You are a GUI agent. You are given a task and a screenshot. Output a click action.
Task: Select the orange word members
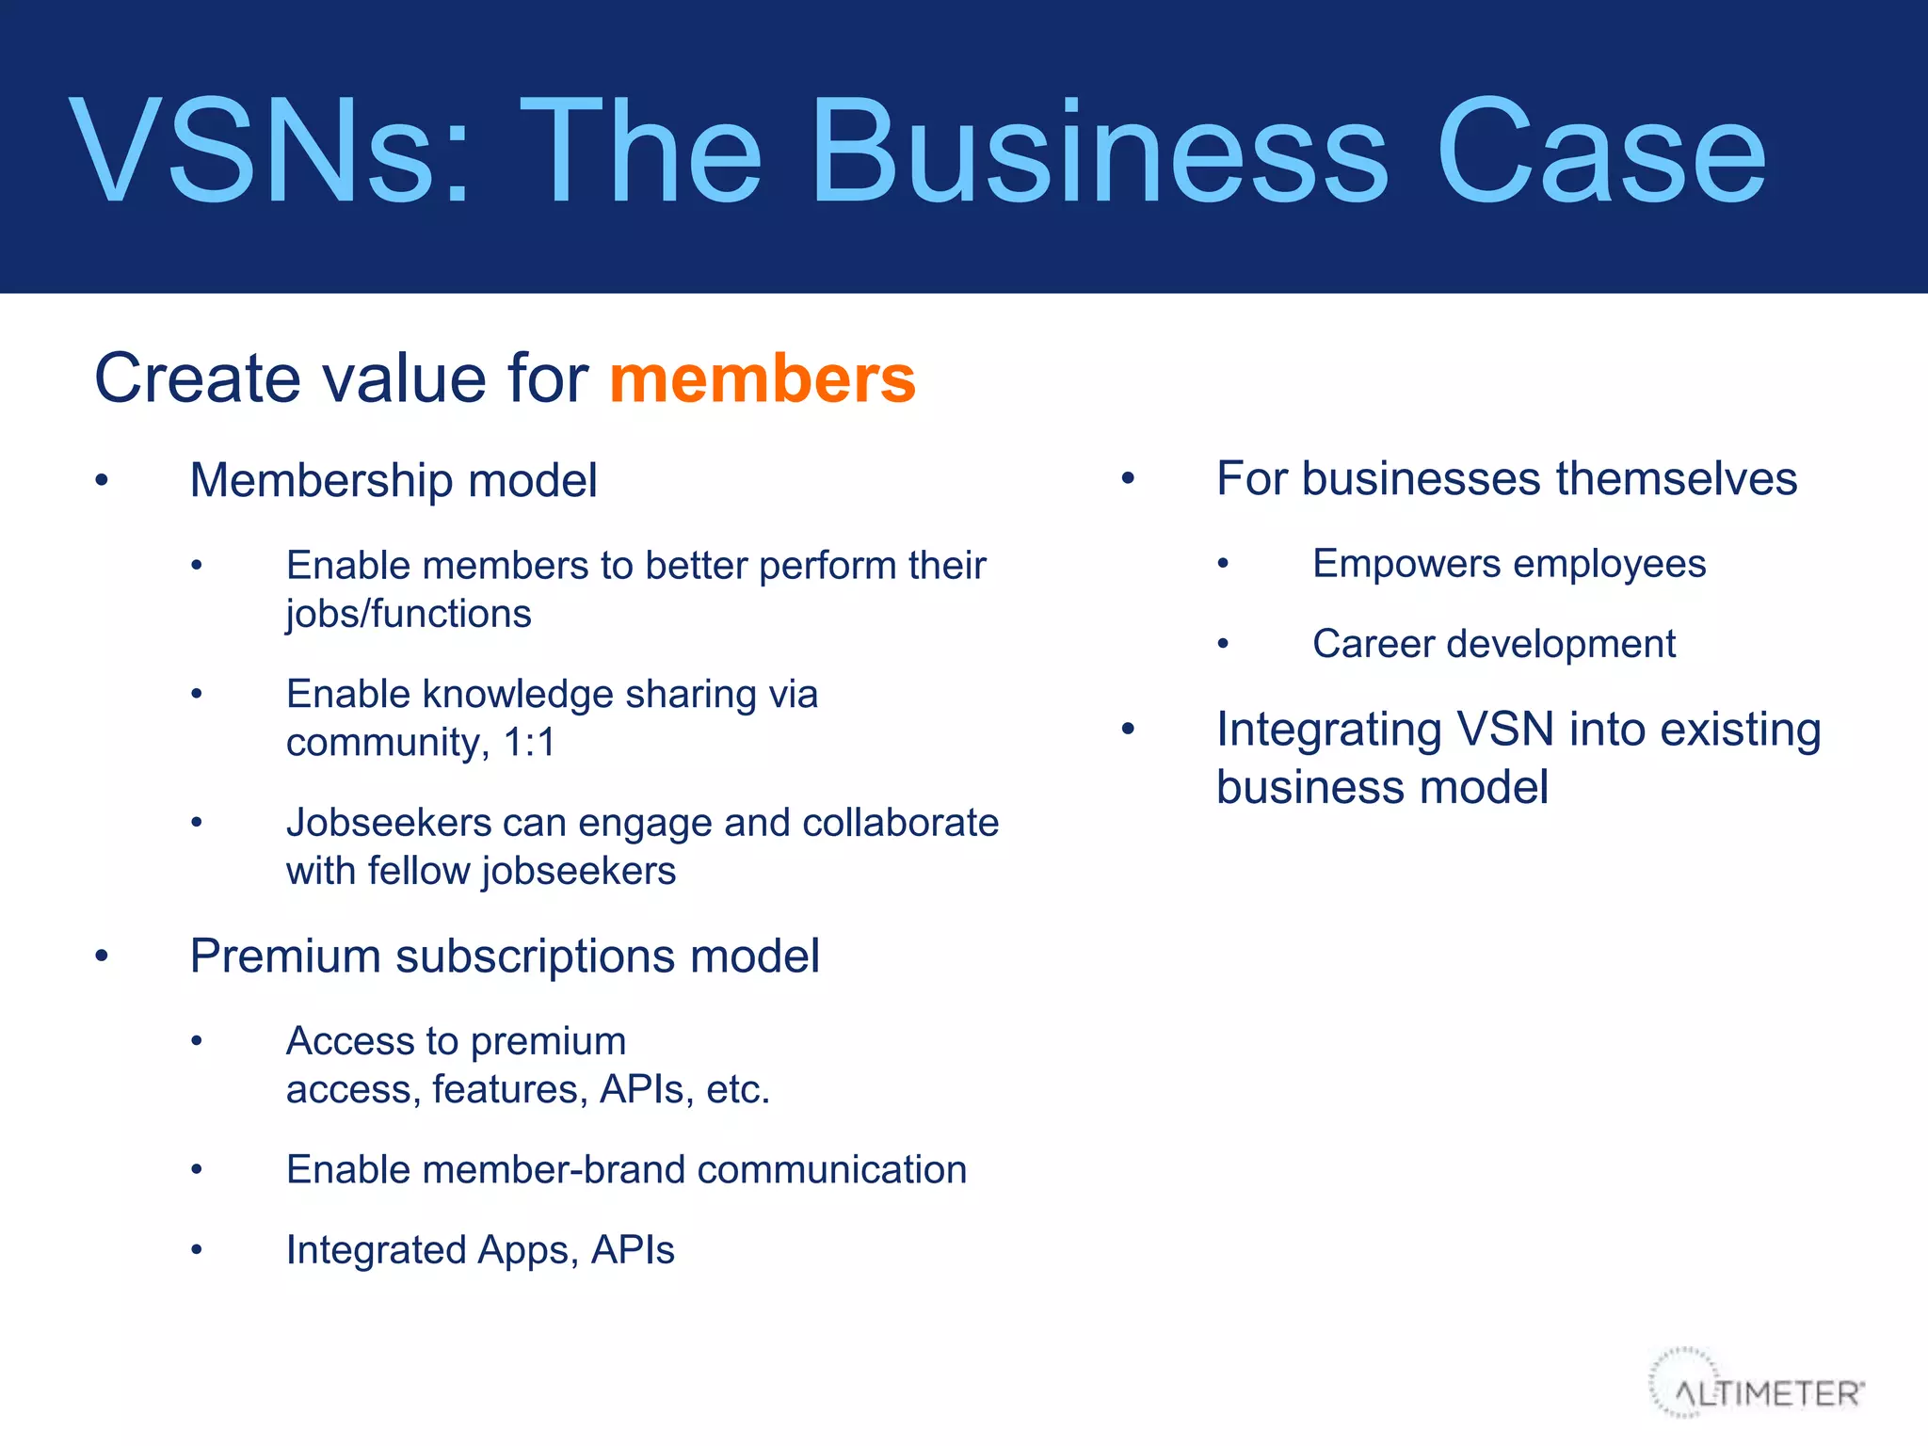pyautogui.click(x=763, y=378)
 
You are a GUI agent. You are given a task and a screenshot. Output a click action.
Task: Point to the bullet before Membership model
pyautogui.click(x=102, y=481)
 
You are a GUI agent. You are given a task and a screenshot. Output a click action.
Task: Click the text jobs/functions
pyautogui.click(x=409, y=614)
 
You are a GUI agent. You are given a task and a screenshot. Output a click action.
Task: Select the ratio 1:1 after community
pyautogui.click(x=529, y=743)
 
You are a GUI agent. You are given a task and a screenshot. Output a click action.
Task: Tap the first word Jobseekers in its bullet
pyautogui.click(x=389, y=823)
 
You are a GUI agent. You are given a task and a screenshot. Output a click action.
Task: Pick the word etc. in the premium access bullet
pyautogui.click(x=738, y=1090)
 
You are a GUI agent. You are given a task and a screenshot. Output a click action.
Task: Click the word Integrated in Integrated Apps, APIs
pyautogui.click(x=375, y=1250)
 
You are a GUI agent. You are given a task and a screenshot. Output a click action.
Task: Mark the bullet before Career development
pyautogui.click(x=1223, y=645)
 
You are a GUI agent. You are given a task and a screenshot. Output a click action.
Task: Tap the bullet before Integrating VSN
pyautogui.click(x=1128, y=730)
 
